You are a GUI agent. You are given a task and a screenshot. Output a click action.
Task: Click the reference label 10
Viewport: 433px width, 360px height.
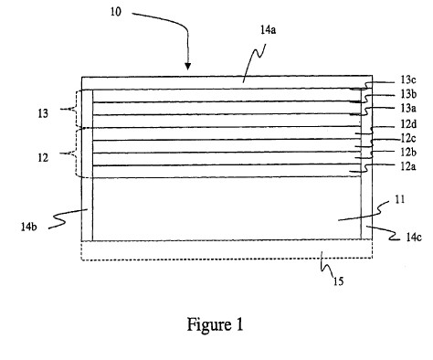point(115,12)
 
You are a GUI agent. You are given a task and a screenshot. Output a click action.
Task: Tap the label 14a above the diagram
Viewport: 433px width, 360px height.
point(268,30)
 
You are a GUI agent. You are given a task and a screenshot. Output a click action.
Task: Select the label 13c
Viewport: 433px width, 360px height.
point(408,79)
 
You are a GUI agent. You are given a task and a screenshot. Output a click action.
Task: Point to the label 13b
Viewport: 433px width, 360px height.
point(408,94)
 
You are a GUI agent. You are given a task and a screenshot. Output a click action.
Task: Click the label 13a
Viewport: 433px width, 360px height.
point(408,108)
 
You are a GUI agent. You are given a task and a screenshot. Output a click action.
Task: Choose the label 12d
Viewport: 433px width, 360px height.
point(408,124)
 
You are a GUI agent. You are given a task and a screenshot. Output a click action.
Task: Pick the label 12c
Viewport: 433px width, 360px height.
point(408,139)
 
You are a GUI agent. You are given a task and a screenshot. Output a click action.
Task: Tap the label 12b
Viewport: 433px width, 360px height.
point(408,152)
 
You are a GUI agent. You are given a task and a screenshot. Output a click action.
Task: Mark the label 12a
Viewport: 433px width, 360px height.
point(408,166)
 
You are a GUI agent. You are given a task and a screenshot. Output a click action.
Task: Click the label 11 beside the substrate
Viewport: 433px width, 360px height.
point(400,199)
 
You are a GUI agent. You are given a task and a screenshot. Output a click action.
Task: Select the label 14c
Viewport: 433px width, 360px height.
point(414,237)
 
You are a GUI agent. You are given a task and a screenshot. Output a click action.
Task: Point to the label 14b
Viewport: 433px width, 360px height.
point(29,227)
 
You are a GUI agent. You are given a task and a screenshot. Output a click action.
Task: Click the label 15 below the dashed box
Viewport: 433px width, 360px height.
point(338,281)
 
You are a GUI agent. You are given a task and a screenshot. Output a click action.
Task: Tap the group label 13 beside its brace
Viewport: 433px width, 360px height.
point(43,113)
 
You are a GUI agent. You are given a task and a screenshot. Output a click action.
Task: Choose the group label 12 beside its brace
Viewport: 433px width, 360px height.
point(43,158)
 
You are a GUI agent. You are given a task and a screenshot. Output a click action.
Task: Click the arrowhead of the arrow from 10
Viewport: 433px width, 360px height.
point(188,67)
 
